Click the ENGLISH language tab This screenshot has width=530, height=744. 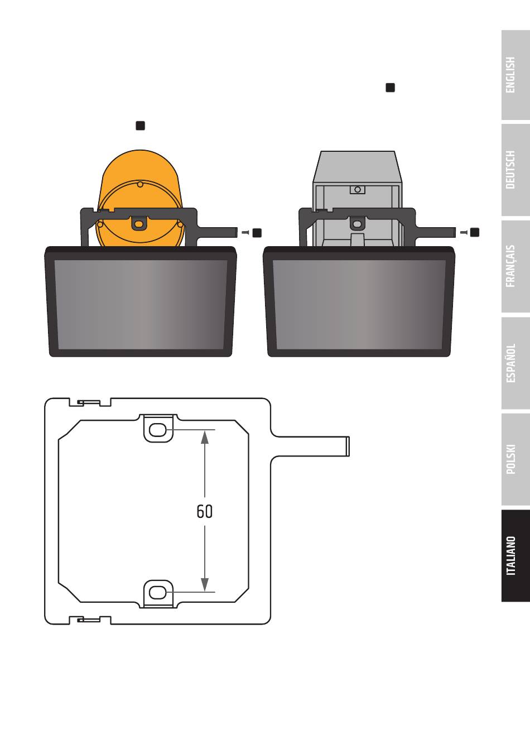coord(515,75)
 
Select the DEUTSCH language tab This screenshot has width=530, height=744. coord(515,170)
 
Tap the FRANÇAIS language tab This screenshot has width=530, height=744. coord(515,266)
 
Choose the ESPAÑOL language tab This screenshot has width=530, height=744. coord(515,363)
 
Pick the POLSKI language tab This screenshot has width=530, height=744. coord(515,459)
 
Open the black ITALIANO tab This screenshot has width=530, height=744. coord(515,556)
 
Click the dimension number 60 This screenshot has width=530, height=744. coord(205,511)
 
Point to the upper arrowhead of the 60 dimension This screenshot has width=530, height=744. coord(205,437)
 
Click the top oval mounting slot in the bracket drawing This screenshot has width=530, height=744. coord(158,430)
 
